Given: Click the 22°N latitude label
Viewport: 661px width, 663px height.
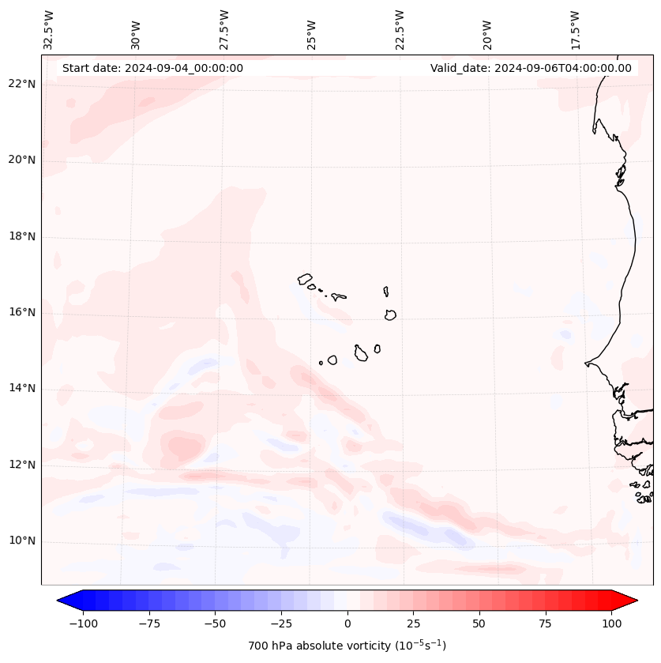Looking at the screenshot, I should point(21,85).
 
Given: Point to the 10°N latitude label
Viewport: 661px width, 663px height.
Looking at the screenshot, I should point(21,541).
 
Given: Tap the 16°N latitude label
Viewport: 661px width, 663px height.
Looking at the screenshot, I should point(21,313).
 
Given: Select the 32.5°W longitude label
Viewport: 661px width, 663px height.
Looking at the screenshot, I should point(49,29).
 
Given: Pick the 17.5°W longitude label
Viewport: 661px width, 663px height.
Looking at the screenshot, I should point(575,29).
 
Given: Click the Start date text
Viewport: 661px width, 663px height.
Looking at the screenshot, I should point(152,68).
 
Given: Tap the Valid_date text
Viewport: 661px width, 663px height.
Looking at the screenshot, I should point(531,68).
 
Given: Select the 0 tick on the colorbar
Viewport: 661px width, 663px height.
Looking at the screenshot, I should point(347,623).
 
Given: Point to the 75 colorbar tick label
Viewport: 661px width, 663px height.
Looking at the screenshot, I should point(545,623).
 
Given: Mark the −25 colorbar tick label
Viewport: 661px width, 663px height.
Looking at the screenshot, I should point(281,623).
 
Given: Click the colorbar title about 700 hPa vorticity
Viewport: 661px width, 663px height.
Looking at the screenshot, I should point(347,646).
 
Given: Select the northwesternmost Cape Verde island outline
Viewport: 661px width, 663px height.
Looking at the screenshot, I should point(305,279).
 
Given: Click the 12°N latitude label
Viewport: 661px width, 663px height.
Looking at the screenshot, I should point(21,465).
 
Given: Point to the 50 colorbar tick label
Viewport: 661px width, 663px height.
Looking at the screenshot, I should point(479,623).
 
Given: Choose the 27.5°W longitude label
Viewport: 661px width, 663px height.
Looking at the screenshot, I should point(224,29).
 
